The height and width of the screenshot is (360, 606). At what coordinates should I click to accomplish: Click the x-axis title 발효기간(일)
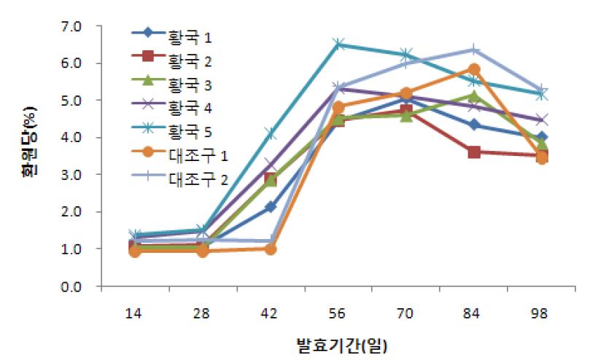338,343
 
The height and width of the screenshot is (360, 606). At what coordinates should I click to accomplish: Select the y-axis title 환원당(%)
30,156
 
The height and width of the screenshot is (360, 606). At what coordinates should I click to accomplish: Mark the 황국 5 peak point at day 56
338,44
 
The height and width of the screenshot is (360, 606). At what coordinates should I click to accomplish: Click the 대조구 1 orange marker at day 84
474,69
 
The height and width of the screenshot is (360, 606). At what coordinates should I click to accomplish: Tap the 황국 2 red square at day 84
474,152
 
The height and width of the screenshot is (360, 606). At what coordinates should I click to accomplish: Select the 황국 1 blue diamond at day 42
271,207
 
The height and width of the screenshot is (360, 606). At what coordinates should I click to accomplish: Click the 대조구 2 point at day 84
474,50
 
